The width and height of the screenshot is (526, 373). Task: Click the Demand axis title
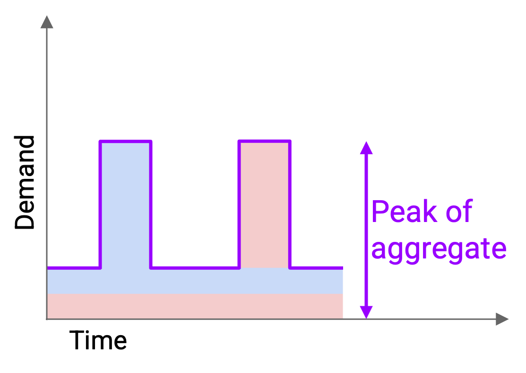(x=25, y=182)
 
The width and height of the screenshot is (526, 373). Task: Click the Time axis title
(x=98, y=340)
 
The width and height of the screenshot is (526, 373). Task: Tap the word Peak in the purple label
(x=405, y=212)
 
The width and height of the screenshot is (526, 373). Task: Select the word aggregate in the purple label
(x=439, y=249)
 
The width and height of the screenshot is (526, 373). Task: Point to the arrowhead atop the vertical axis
(x=47, y=22)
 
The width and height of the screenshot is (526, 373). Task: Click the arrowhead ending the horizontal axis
(x=502, y=319)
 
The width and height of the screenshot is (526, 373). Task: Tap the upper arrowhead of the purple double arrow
(x=366, y=148)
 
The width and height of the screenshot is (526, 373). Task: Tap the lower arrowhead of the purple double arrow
(x=366, y=312)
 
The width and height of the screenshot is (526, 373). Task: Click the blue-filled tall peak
(x=126, y=205)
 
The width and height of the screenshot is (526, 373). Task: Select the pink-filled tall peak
(x=264, y=205)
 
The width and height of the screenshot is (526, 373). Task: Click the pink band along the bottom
(x=195, y=306)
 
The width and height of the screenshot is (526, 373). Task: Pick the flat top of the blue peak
(x=126, y=141)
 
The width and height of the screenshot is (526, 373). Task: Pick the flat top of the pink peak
(x=264, y=141)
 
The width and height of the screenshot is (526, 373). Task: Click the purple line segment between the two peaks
(x=195, y=268)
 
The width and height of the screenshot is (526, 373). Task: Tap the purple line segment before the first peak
(x=74, y=268)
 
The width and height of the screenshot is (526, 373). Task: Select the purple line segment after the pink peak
(x=316, y=268)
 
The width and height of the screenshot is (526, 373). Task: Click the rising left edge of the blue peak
(x=100, y=204)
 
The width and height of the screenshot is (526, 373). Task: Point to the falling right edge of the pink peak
(x=290, y=204)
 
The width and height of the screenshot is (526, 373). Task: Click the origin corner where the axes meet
(x=47, y=319)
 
